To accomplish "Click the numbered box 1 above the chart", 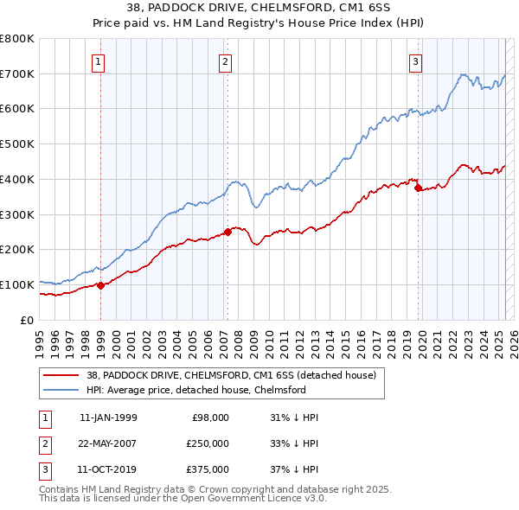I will pyautogui.click(x=99, y=61).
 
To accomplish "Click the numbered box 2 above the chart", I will pyautogui.click(x=225, y=61).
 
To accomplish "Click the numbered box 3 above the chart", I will pyautogui.click(x=416, y=61).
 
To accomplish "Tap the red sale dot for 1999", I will pyautogui.click(x=100, y=285).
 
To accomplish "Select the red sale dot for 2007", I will pyautogui.click(x=227, y=232).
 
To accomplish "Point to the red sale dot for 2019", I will pyautogui.click(x=418, y=187).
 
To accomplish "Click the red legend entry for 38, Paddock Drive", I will pyautogui.click(x=231, y=376).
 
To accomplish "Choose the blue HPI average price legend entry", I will pyautogui.click(x=196, y=391).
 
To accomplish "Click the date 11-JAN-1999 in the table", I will pyautogui.click(x=107, y=418).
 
